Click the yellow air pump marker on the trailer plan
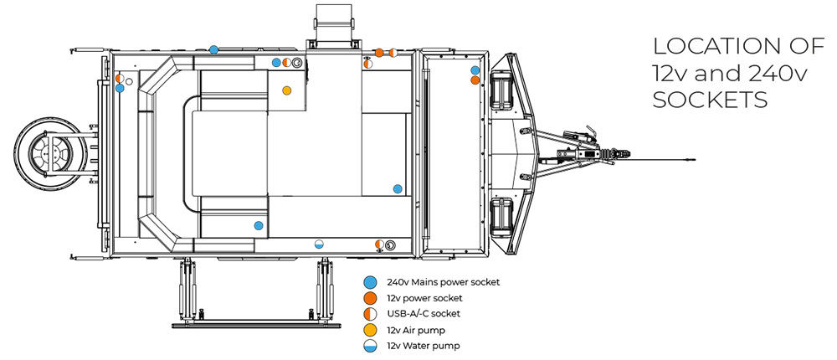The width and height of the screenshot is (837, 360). pos(287,90)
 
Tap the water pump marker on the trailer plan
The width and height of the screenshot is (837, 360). pos(318,244)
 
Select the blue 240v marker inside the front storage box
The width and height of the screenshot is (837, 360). pos(475,70)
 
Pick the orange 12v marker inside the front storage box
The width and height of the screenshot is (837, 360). pos(475,80)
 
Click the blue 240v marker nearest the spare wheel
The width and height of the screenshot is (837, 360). pos(120,87)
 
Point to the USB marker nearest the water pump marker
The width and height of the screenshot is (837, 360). pos(379,244)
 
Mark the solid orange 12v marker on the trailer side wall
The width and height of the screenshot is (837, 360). pos(379,52)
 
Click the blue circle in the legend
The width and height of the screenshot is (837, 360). pos(369,282)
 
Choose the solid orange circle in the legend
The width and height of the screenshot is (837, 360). pos(369,298)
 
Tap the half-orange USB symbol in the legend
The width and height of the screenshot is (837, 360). pos(369,314)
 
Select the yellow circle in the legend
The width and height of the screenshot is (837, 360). pos(369,330)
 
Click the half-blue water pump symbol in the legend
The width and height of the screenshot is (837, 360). pos(369,346)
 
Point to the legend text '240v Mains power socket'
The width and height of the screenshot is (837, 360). pos(443,282)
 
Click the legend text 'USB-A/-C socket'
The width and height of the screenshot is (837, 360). pos(424,314)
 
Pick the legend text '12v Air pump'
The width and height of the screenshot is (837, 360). pos(415,330)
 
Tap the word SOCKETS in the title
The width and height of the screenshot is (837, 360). pos(710,100)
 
